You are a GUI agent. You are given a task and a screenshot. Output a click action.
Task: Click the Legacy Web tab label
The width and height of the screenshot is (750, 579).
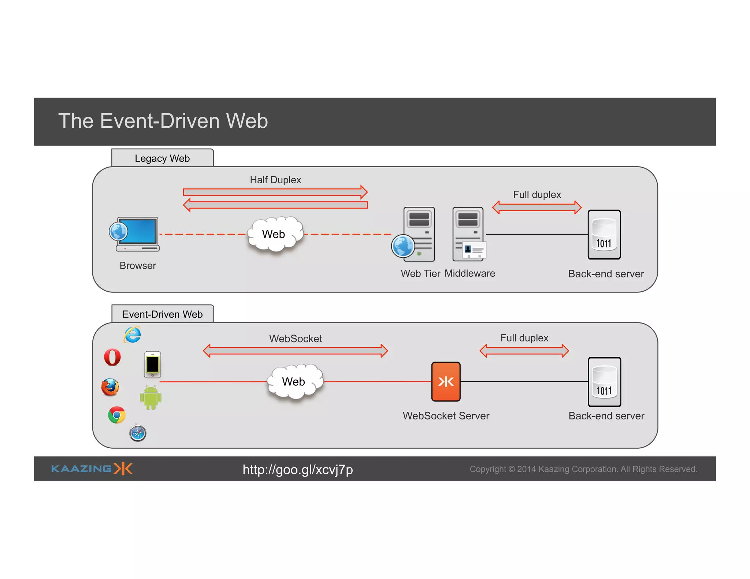coord(162,158)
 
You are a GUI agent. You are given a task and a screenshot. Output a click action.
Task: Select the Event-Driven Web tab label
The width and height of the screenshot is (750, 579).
coord(162,314)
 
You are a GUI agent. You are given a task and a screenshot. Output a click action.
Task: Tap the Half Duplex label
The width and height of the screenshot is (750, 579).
coord(275,180)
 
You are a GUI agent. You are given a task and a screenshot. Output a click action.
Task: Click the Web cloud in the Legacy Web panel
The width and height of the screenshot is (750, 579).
coord(275,234)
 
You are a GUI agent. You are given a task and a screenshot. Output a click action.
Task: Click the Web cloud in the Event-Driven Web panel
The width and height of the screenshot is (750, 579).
coord(294,382)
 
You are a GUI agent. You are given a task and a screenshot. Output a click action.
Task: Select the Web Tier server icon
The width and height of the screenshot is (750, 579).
coord(417,234)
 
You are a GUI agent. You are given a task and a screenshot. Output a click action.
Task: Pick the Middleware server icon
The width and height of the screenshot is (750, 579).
coord(468,234)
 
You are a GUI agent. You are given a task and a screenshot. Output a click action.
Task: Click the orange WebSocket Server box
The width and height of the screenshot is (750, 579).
coord(446,382)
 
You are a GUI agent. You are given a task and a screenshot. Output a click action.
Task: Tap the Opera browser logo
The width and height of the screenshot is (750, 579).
coord(112,357)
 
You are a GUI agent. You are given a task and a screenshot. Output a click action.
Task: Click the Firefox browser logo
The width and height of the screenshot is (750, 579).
coord(110,388)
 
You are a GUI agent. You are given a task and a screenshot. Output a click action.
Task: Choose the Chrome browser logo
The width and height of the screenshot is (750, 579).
coord(116,415)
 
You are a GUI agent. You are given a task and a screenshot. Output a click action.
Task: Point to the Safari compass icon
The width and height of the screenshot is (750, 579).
coord(138,433)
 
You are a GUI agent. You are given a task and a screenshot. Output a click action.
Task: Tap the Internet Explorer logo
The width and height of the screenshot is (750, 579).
coord(133,335)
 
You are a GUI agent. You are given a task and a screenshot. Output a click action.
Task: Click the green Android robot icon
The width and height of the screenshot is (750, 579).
coord(151,398)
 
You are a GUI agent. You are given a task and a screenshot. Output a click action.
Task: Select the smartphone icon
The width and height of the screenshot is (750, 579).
coord(152,365)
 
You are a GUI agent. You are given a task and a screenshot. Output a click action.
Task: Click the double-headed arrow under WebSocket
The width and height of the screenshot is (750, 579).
coord(295,351)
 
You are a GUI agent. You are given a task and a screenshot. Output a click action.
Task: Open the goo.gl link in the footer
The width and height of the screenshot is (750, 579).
coord(297,470)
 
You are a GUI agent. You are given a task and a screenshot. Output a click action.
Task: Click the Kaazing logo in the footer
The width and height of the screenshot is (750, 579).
coord(92,469)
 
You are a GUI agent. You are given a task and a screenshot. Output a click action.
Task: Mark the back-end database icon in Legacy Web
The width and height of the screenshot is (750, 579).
coord(604,235)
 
